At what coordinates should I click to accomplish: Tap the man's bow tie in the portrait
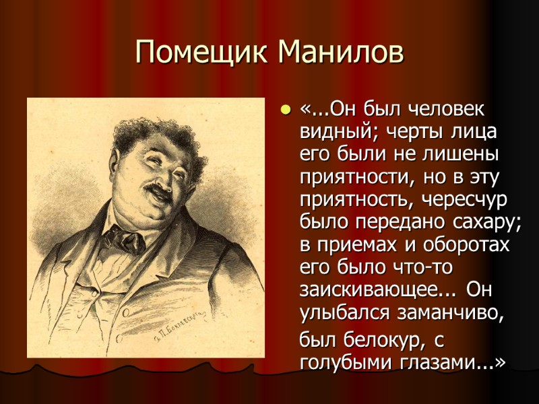tap(124, 237)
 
